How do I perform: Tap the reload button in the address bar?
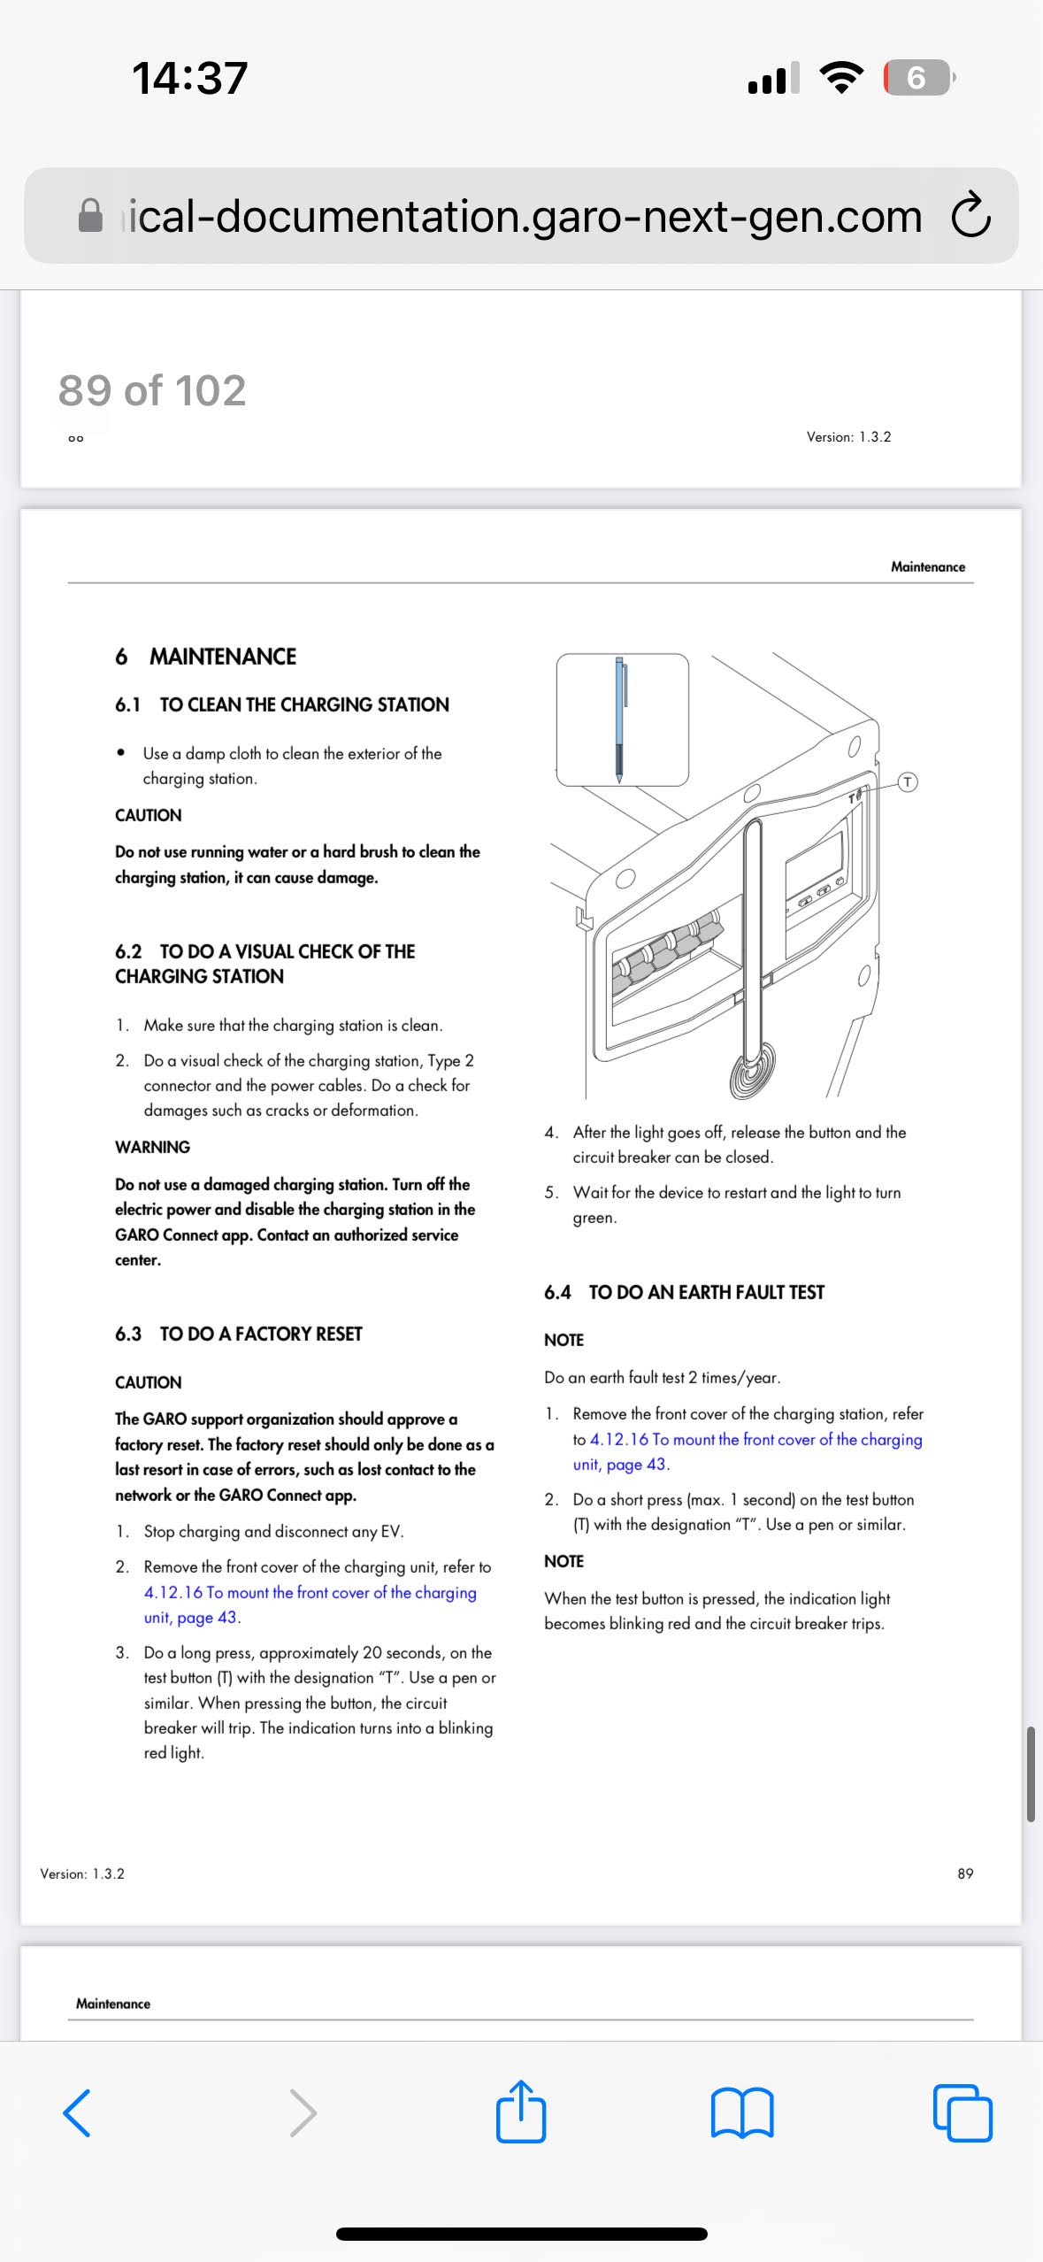pyautogui.click(x=970, y=215)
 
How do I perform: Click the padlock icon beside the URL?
pyautogui.click(x=90, y=215)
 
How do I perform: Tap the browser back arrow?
pyautogui.click(x=77, y=2112)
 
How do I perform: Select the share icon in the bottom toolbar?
pyautogui.click(x=521, y=2112)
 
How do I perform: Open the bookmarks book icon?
pyautogui.click(x=742, y=2112)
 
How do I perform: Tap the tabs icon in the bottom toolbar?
pyautogui.click(x=962, y=2112)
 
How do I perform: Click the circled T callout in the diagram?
pyautogui.click(x=908, y=781)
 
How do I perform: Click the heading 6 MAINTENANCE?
pyautogui.click(x=205, y=657)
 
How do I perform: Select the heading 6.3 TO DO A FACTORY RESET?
pyautogui.click(x=239, y=1334)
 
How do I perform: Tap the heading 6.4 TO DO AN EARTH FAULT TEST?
pyautogui.click(x=684, y=1292)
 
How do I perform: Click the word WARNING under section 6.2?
pyautogui.click(x=152, y=1147)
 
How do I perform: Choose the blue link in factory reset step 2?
pyautogui.click(x=310, y=1592)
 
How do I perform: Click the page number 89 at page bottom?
pyautogui.click(x=965, y=1873)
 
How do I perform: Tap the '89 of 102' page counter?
pyautogui.click(x=152, y=390)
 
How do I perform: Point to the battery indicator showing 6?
pyautogui.click(x=917, y=78)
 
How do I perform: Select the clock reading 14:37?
pyautogui.click(x=189, y=78)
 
